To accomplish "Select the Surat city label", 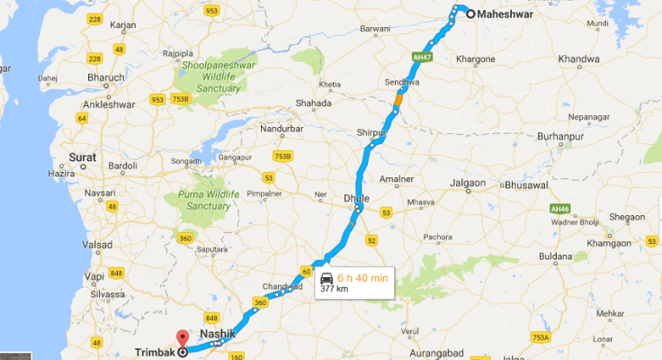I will [82, 157].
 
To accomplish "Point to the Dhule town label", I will [357, 197].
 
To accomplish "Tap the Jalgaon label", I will [467, 183].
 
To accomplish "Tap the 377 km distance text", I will [334, 291].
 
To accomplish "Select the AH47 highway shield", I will [419, 56].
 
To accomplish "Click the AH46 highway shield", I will [560, 208].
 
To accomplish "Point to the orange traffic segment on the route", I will [398, 104].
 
